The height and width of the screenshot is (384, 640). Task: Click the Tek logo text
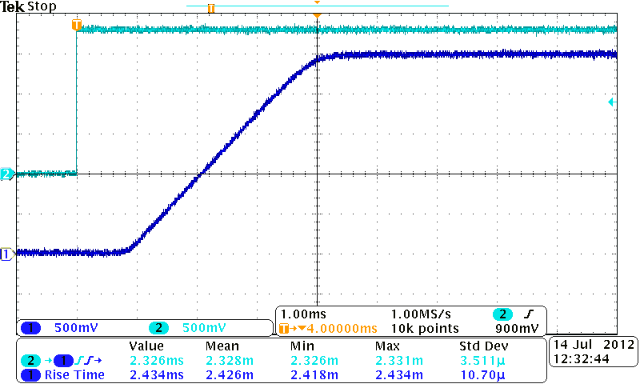click(13, 6)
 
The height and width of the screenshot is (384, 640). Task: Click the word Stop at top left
click(42, 6)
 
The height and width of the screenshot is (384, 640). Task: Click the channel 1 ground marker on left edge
click(7, 254)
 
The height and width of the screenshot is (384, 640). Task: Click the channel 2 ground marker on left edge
click(7, 174)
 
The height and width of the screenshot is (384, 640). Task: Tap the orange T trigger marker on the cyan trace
click(77, 25)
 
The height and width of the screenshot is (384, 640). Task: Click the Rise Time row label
click(74, 374)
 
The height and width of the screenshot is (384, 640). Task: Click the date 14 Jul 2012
click(593, 345)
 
